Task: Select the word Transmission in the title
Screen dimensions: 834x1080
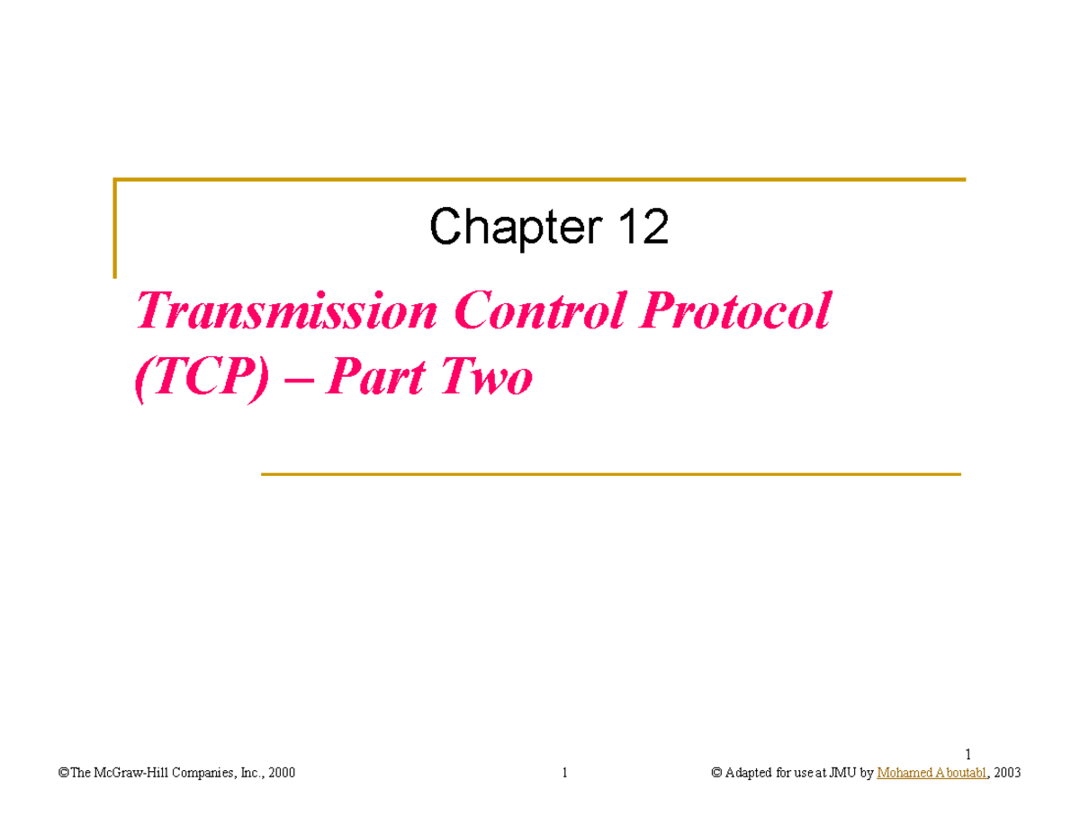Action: pos(286,312)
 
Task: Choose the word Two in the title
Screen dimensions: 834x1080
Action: pos(486,379)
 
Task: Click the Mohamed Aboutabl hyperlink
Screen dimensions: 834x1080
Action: pos(931,773)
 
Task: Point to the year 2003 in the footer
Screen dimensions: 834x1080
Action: pos(1006,773)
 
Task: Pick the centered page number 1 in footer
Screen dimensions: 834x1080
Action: pos(564,773)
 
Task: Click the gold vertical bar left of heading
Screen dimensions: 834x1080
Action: pos(115,229)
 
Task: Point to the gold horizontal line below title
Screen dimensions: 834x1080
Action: pos(610,473)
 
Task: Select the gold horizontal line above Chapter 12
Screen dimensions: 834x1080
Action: pos(540,180)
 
